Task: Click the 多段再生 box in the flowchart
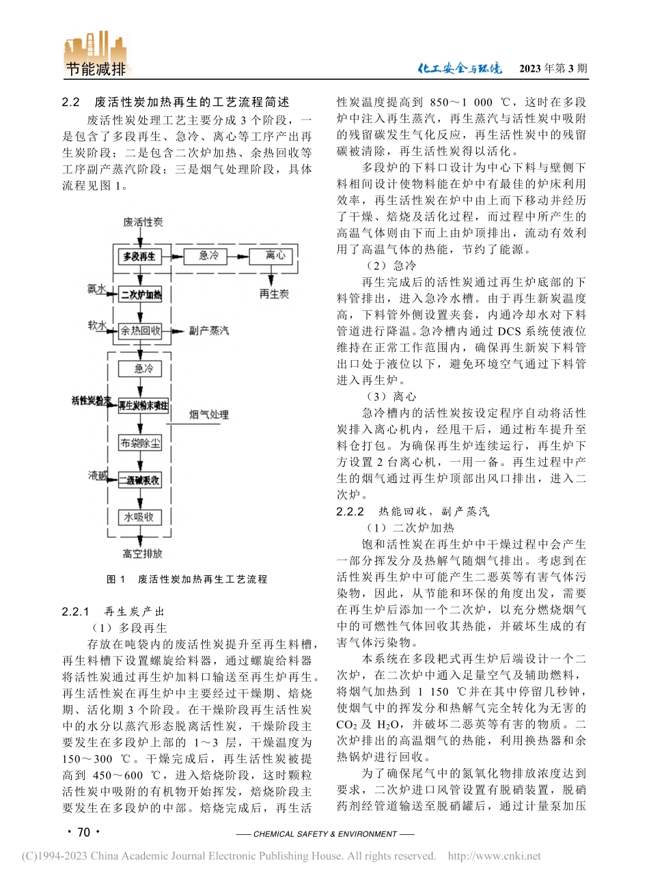[x=139, y=256]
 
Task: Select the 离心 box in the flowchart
[x=275, y=256]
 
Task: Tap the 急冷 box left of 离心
[x=209, y=256]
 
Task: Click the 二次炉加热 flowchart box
[x=140, y=294]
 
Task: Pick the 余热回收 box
[x=140, y=331]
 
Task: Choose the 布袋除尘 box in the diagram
[x=140, y=443]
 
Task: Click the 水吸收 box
[x=140, y=517]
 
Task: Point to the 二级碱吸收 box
[x=140, y=480]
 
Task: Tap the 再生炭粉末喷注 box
[x=143, y=405]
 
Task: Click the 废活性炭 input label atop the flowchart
[x=143, y=223]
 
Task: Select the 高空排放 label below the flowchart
[x=142, y=553]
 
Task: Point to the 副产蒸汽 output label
[x=209, y=331]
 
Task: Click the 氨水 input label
[x=96, y=289]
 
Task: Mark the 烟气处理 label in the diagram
[x=208, y=415]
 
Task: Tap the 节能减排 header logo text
[x=96, y=69]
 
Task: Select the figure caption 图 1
[x=116, y=579]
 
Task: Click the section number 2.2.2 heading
[x=350, y=512]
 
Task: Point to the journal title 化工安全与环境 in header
[x=459, y=68]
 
